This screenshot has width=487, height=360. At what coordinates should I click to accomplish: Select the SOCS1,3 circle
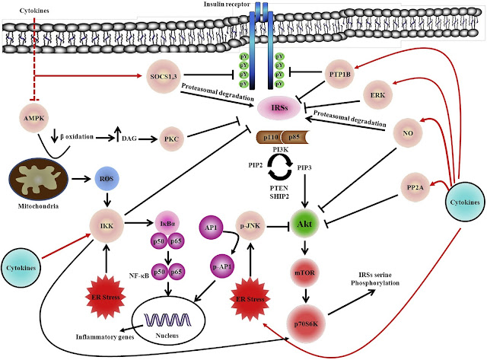[x=161, y=77]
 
